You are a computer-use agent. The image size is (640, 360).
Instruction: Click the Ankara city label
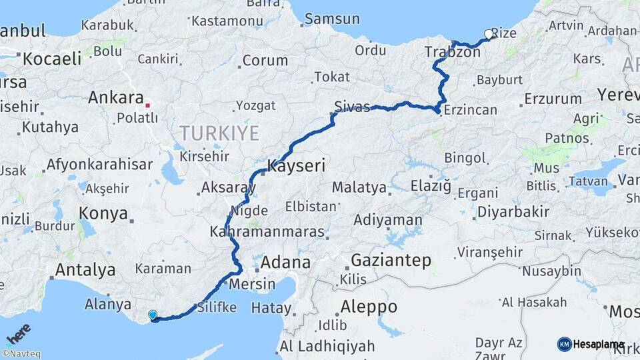(x=115, y=99)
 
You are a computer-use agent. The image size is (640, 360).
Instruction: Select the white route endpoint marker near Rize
(x=489, y=34)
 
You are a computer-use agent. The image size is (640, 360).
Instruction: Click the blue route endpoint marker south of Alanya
(x=153, y=315)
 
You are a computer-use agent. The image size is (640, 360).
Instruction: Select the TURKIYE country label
(x=219, y=133)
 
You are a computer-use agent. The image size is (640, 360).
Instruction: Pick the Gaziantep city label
(x=391, y=260)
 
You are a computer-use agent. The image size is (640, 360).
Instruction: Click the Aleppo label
(x=369, y=307)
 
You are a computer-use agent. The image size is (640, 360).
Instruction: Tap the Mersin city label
(x=251, y=284)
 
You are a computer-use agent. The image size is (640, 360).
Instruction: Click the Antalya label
(x=85, y=270)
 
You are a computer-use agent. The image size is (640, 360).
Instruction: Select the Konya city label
(x=103, y=213)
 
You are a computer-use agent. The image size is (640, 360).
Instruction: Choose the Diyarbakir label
(x=513, y=212)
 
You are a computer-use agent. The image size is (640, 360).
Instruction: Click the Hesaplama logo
(x=591, y=344)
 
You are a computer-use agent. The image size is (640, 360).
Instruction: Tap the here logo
(x=19, y=332)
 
